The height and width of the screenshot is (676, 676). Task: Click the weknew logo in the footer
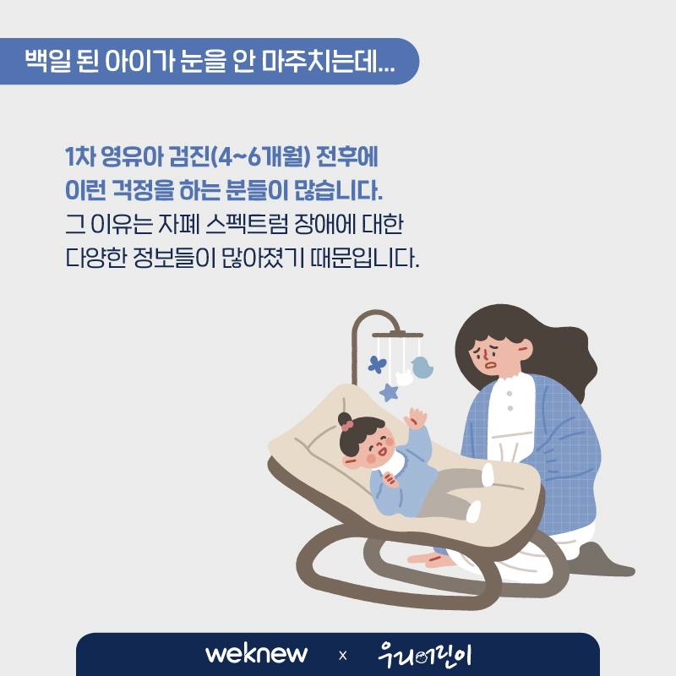(257, 654)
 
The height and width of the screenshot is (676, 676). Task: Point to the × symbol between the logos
(343, 656)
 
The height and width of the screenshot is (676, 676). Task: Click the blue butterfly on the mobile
(377, 364)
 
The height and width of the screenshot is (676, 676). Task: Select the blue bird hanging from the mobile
(422, 368)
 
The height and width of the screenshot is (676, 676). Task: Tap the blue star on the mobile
(389, 392)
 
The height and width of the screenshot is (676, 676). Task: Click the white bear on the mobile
(405, 378)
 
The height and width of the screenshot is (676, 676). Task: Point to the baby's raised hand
(416, 417)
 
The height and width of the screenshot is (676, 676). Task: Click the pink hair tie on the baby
(347, 426)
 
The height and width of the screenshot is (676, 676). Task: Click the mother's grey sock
(603, 560)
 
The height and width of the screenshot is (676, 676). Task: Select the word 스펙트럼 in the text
(247, 224)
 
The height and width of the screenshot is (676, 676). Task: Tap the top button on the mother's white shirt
(510, 394)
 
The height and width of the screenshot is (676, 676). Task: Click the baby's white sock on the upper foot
(488, 475)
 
